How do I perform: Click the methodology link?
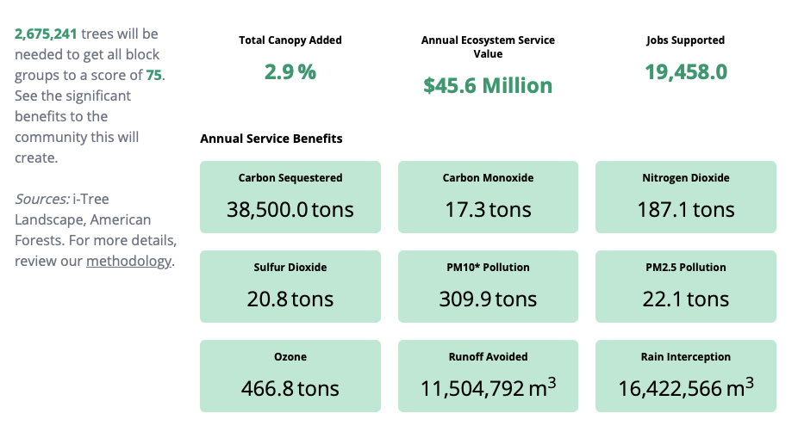click(x=128, y=261)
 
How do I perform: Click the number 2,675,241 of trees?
click(x=46, y=34)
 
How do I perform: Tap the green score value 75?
click(x=153, y=75)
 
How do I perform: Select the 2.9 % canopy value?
click(x=290, y=71)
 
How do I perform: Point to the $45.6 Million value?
click(x=488, y=85)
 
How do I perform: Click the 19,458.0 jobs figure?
click(x=686, y=71)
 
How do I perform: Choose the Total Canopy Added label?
click(x=290, y=40)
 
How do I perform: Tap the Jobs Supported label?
click(x=686, y=40)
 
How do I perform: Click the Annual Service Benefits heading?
click(x=271, y=139)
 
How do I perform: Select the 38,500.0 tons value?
click(x=290, y=209)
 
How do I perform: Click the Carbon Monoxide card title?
click(x=488, y=178)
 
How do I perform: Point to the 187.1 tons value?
click(x=686, y=209)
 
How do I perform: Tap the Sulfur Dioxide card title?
click(x=290, y=268)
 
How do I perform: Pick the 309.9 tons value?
click(x=488, y=299)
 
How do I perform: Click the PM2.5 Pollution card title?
click(x=686, y=268)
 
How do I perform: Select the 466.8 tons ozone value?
click(x=290, y=388)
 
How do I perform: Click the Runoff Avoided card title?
click(x=488, y=357)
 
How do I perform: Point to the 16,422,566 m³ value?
click(x=686, y=388)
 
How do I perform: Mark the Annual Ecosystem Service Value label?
click(x=488, y=46)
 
